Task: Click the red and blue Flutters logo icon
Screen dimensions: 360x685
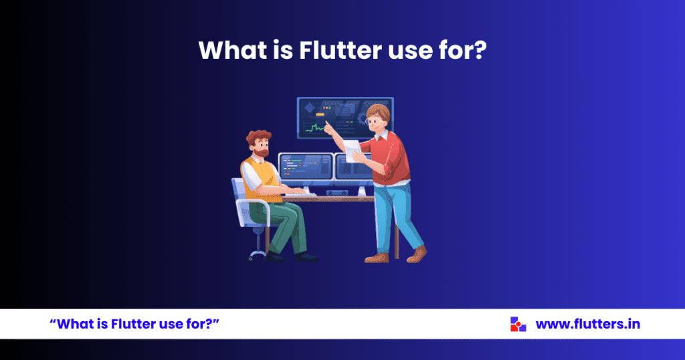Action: point(518,324)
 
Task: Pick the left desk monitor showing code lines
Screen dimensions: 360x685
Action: point(306,167)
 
